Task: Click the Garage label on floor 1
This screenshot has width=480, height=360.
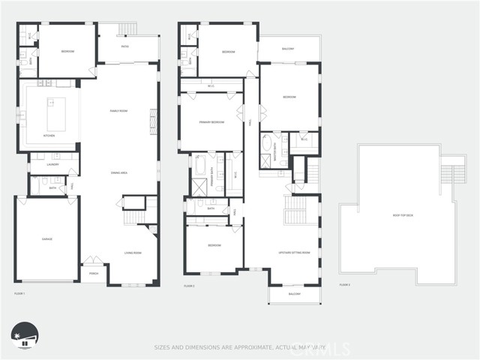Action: tap(46, 239)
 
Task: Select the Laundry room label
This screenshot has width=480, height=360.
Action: tap(52, 164)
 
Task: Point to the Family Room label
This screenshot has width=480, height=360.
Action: tap(119, 110)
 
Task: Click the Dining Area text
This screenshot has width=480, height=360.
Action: tap(119, 172)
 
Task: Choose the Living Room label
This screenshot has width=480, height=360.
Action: tap(133, 253)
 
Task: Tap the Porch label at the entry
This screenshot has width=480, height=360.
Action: tap(94, 273)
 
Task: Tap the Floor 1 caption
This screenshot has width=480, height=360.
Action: tap(19, 292)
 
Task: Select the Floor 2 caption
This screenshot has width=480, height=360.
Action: tap(189, 286)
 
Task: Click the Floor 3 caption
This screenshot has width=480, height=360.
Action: tap(345, 286)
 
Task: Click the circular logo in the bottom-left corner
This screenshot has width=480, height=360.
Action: tap(25, 336)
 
